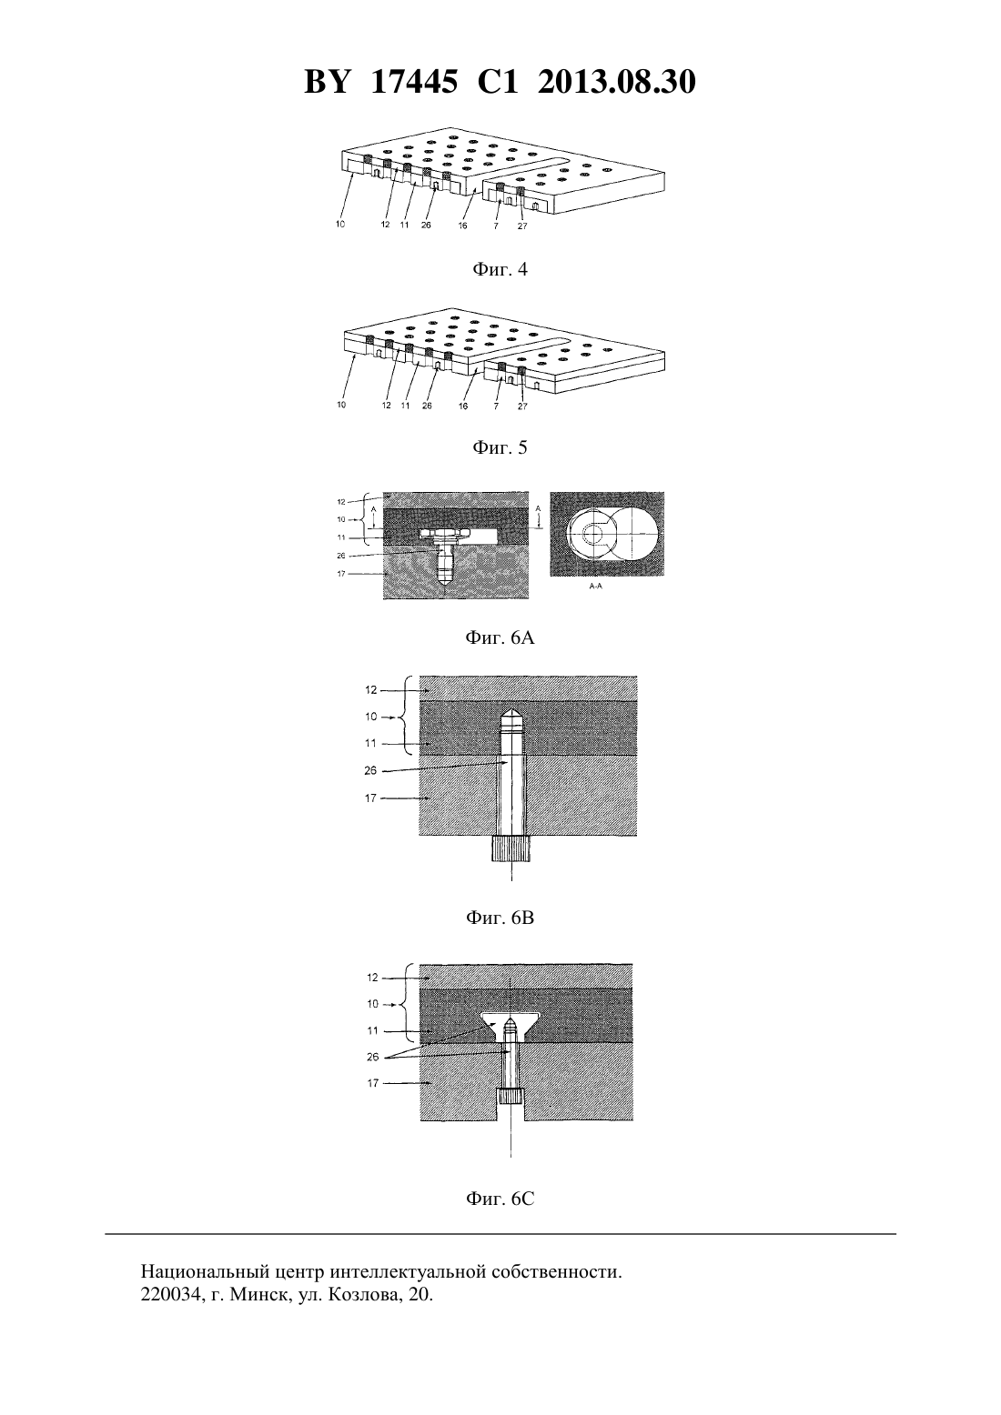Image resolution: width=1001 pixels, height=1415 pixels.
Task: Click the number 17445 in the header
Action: coord(414,82)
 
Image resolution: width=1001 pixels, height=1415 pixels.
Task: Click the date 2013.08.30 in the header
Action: coord(616,82)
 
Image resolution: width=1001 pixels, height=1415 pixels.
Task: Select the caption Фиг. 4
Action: coord(500,270)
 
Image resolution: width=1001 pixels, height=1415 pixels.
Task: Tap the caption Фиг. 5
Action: coord(500,448)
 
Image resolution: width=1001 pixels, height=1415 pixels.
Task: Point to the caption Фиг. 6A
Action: coord(500,638)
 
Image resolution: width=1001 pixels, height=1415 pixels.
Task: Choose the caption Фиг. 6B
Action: coord(500,918)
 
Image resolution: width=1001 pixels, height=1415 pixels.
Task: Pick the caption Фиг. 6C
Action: coord(500,1199)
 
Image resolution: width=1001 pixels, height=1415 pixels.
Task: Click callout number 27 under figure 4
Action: coord(522,226)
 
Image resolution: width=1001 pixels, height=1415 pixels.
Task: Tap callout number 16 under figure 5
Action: coord(463,406)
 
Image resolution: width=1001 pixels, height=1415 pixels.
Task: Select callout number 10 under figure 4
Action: coord(340,225)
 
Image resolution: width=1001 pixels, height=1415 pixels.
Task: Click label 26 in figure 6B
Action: coord(371,770)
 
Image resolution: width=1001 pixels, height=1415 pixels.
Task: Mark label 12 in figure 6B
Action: coord(371,690)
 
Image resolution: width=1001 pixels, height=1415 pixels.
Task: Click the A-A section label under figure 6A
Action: coord(595,587)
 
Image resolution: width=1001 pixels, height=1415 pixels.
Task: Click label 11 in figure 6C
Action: coord(373,1030)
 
